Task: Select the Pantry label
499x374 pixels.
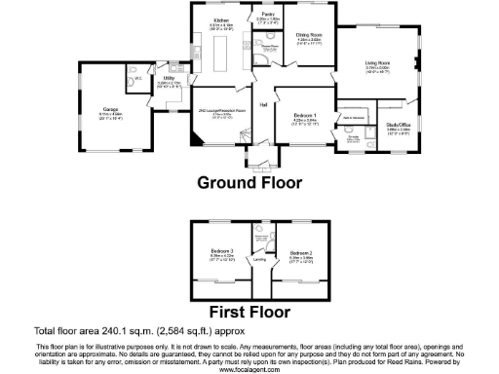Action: click(264, 16)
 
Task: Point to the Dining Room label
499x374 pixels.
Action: click(310, 35)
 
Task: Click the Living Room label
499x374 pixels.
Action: click(377, 63)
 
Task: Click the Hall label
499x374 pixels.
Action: click(263, 105)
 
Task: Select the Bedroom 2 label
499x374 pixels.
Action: click(300, 255)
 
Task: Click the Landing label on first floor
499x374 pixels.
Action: click(260, 260)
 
